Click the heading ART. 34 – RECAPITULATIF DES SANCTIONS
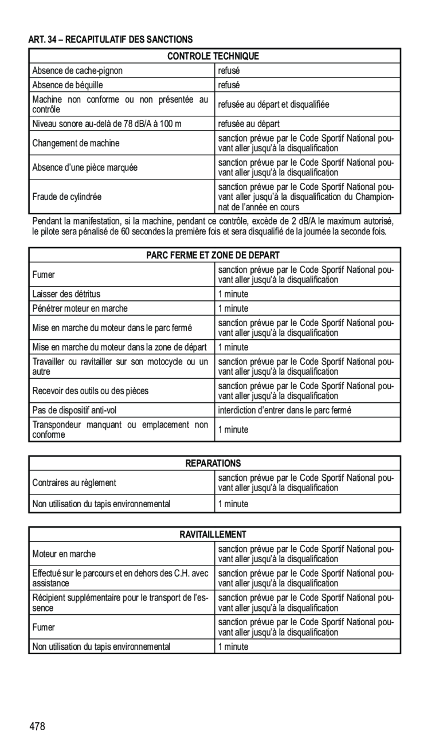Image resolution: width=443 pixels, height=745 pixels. point(111,40)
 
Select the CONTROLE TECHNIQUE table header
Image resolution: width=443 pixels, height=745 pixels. point(213,56)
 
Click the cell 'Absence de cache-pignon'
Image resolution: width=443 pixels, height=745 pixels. point(77,71)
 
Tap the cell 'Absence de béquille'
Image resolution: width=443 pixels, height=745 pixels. point(68,85)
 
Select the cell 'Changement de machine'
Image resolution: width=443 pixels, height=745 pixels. point(76,143)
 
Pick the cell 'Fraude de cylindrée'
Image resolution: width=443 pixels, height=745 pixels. point(67,197)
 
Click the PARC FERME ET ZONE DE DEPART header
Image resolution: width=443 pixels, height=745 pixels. point(213,255)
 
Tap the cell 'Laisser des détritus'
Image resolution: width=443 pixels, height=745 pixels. point(66,294)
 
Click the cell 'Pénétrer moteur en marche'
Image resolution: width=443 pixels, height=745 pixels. point(80,308)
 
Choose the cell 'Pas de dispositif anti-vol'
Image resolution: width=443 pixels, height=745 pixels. point(75,410)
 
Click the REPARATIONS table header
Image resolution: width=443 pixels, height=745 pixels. point(213,463)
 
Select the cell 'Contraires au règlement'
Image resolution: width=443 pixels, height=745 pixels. point(75,483)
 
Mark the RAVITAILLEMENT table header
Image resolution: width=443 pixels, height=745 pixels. point(213,535)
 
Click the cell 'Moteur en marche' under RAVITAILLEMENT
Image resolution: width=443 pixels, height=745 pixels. point(64,554)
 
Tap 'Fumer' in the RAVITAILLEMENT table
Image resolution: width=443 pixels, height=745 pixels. point(44,627)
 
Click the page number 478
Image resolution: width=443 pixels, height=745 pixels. point(38,727)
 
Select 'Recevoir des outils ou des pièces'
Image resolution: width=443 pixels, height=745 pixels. point(91,391)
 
